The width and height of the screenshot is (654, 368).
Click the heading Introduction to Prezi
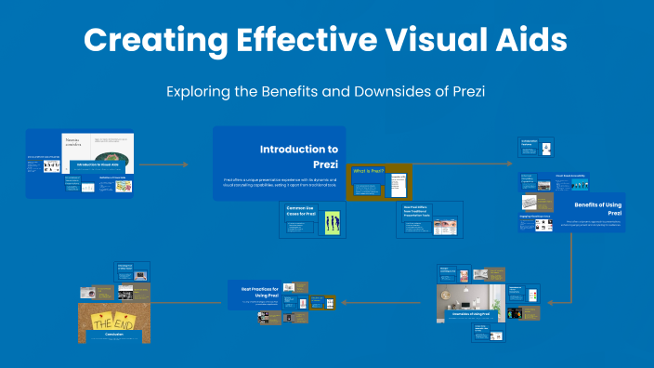(x=298, y=156)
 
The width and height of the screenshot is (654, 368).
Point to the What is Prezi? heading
(x=368, y=171)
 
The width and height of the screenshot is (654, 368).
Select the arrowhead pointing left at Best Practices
(x=344, y=302)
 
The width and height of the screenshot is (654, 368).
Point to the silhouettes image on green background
(x=332, y=223)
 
